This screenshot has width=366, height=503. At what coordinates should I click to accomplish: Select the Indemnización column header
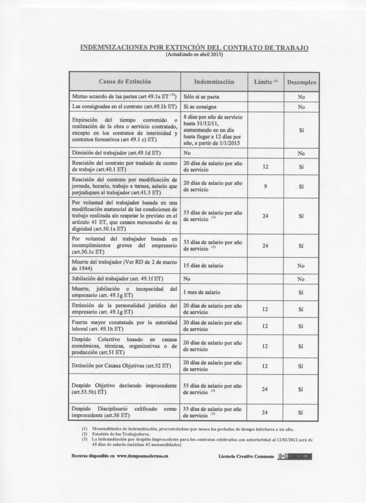214,82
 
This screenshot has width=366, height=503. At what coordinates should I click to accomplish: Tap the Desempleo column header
301,82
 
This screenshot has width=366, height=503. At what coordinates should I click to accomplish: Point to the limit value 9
266,187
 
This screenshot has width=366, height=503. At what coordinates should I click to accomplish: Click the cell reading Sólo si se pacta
201,97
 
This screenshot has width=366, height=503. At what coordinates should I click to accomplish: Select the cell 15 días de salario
203,265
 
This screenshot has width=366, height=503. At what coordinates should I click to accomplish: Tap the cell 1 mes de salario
202,292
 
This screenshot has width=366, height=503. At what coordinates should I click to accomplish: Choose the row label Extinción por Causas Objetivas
121,366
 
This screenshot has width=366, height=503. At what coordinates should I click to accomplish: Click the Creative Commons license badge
295,456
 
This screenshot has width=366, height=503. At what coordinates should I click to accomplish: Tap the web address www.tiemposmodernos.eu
142,456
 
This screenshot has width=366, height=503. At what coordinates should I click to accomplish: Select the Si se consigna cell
200,107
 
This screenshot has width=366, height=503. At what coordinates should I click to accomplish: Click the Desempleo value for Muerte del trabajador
301,266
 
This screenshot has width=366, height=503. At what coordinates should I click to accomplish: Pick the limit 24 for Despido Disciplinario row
265,412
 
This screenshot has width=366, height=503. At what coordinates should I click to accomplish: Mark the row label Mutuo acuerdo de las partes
124,96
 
